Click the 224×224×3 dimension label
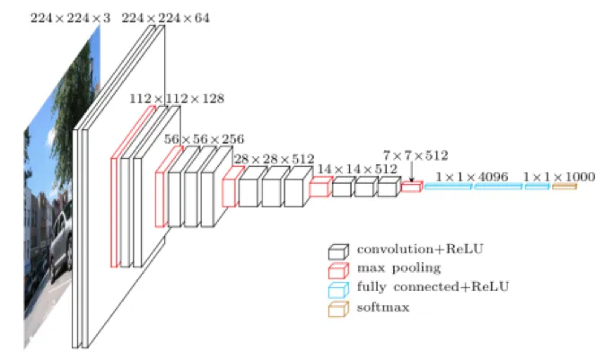coord(64,17)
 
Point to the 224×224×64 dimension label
coord(165,17)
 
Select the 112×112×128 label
coord(177,98)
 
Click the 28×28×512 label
coord(275,159)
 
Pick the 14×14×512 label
coord(357,168)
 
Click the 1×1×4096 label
coord(472,177)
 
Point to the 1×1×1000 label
coord(558,177)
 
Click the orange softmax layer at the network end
coord(564,187)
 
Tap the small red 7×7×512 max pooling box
coord(411,188)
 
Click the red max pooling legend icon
coord(338,269)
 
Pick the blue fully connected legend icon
coord(338,288)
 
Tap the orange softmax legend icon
coord(338,308)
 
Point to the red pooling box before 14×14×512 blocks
coord(319,187)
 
